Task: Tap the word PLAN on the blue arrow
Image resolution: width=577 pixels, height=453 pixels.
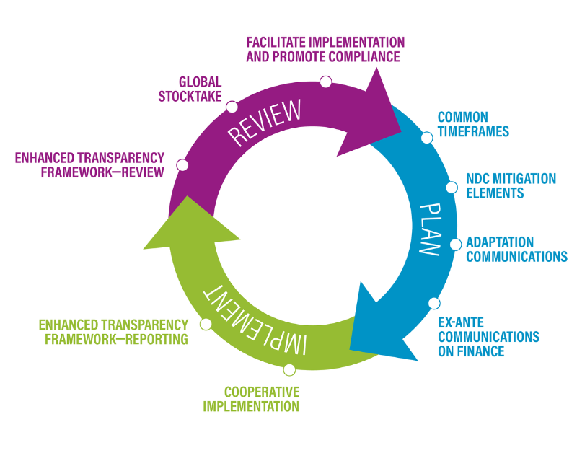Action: (x=430, y=227)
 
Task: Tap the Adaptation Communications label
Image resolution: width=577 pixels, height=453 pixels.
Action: (x=516, y=250)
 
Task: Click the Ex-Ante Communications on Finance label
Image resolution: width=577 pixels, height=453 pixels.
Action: (x=488, y=337)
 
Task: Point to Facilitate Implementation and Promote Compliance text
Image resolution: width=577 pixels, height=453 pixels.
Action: (x=325, y=49)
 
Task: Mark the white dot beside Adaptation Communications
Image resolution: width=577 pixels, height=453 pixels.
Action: (x=456, y=245)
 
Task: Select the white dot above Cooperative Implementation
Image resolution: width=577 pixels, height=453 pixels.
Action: (x=290, y=370)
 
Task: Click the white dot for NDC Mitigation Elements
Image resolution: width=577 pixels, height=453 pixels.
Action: (x=452, y=188)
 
